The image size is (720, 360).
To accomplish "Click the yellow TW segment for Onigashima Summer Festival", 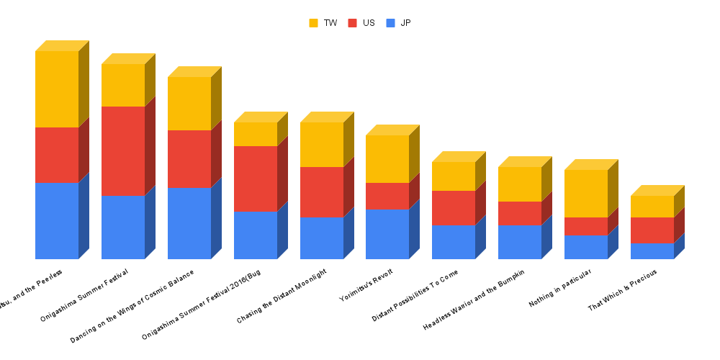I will [x=123, y=85].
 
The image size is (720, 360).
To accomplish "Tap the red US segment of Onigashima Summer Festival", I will [x=123, y=150].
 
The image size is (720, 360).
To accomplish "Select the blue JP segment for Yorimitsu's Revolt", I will [x=387, y=234].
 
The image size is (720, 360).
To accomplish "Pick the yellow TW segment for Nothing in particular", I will [x=586, y=193].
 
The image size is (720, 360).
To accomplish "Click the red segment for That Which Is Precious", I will [x=652, y=230].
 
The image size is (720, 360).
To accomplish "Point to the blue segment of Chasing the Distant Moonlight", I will [x=322, y=238].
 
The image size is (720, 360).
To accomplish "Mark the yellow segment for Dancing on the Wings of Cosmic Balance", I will [x=189, y=103].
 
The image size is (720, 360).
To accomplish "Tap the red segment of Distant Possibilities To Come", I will [x=454, y=208].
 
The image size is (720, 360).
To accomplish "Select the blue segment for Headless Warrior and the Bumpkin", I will [x=520, y=242].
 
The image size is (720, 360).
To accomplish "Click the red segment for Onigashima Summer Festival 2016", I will [x=256, y=179].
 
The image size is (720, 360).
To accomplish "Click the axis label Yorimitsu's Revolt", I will [x=366, y=288].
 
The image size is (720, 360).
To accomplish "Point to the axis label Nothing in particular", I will [x=560, y=289].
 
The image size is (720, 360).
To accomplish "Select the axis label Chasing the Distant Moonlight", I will [x=282, y=296].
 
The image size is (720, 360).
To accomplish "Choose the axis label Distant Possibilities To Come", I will [x=415, y=296].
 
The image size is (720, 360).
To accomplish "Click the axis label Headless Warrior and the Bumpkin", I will [x=474, y=300].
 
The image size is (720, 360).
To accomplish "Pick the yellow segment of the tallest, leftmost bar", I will [x=57, y=89].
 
